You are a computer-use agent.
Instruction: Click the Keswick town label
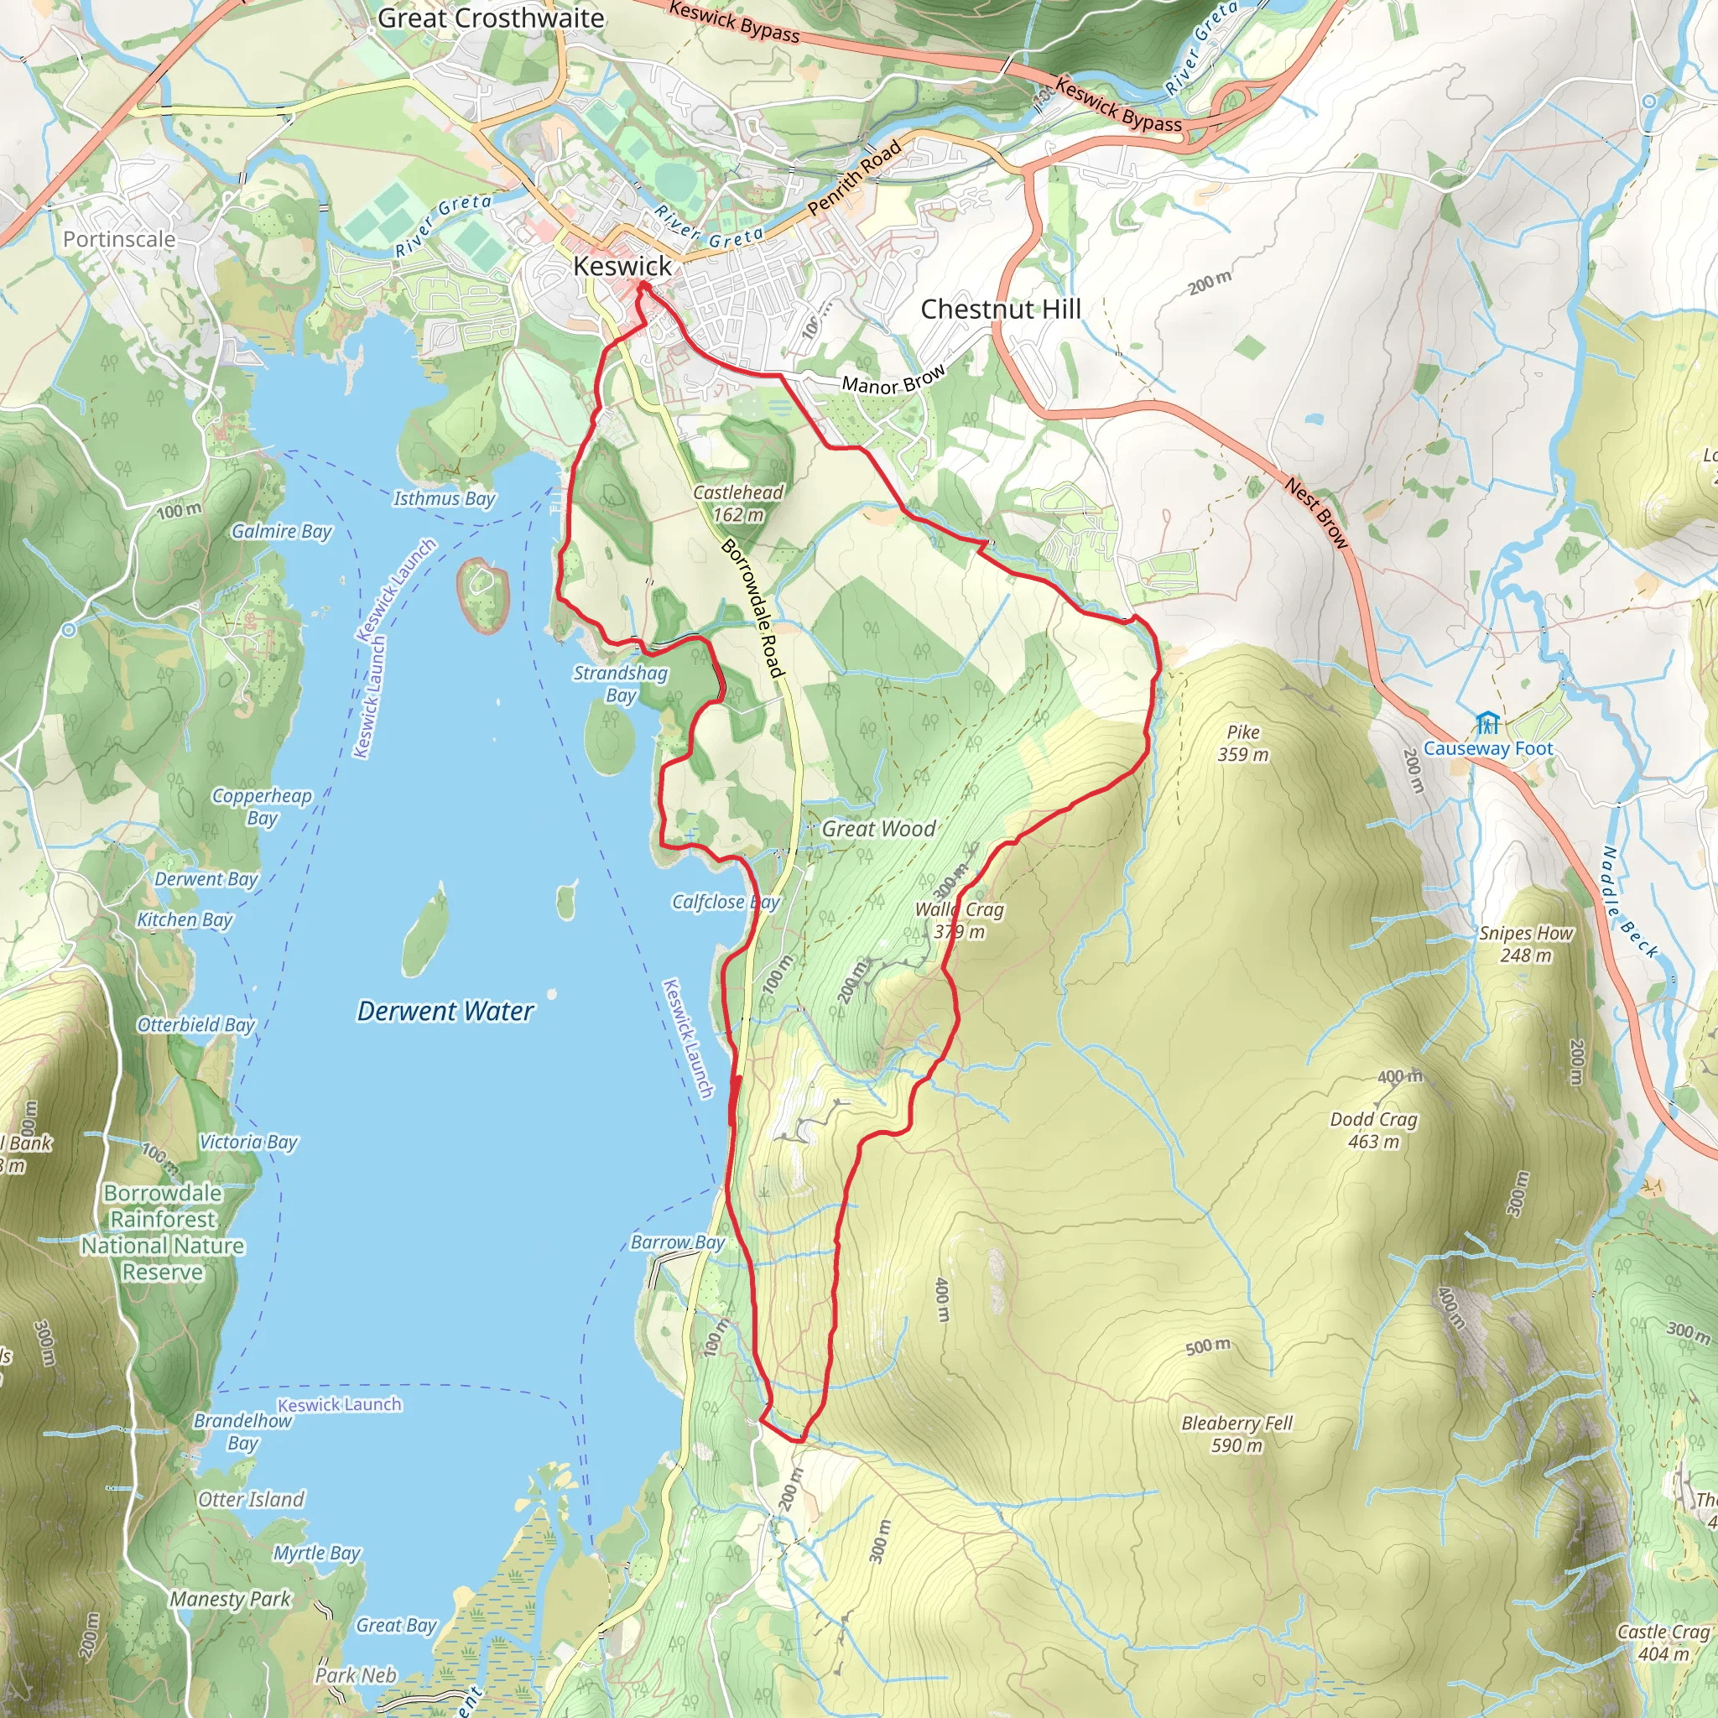click(622, 266)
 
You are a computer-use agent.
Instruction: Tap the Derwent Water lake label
click(445, 1011)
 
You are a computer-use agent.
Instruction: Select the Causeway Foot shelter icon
click(1487, 723)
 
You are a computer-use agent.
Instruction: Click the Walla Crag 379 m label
click(959, 920)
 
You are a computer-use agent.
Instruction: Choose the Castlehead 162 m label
click(738, 503)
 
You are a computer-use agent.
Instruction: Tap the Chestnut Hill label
click(1001, 310)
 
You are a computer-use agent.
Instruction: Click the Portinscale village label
click(119, 239)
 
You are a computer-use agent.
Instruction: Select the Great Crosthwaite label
click(491, 18)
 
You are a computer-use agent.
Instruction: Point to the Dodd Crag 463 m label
click(1373, 1130)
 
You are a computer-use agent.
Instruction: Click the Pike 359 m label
click(1242, 743)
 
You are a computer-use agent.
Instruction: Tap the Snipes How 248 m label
click(1525, 945)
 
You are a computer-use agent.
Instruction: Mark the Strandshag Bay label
click(620, 684)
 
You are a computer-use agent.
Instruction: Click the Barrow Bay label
click(678, 1242)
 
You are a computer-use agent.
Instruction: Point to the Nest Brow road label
click(1316, 513)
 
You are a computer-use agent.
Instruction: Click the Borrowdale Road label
click(752, 608)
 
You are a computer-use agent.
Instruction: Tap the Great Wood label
click(877, 829)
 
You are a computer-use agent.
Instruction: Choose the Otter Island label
click(251, 1500)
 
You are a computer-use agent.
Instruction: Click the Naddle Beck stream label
click(1629, 903)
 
